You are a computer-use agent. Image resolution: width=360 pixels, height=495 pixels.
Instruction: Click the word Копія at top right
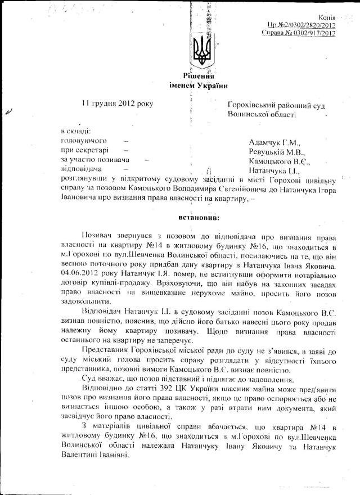pyautogui.click(x=327, y=17)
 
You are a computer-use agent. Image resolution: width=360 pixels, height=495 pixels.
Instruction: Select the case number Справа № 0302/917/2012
pyautogui.click(x=299, y=34)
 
